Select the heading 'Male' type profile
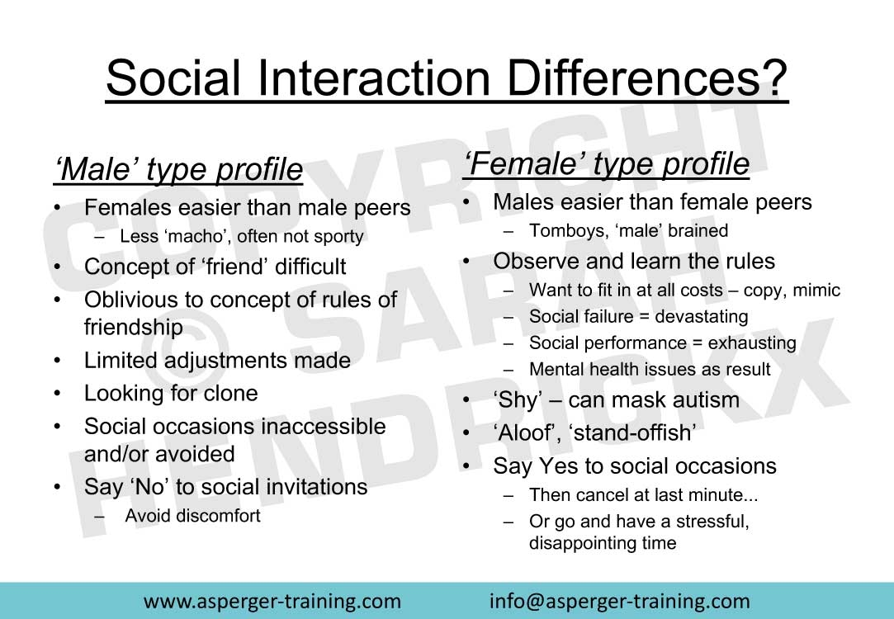[x=177, y=169]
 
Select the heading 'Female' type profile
[x=606, y=163]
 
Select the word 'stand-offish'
[x=631, y=432]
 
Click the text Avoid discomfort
[x=192, y=515]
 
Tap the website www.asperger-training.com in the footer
[x=272, y=602]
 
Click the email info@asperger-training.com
[x=620, y=602]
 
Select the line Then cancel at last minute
[x=643, y=494]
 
